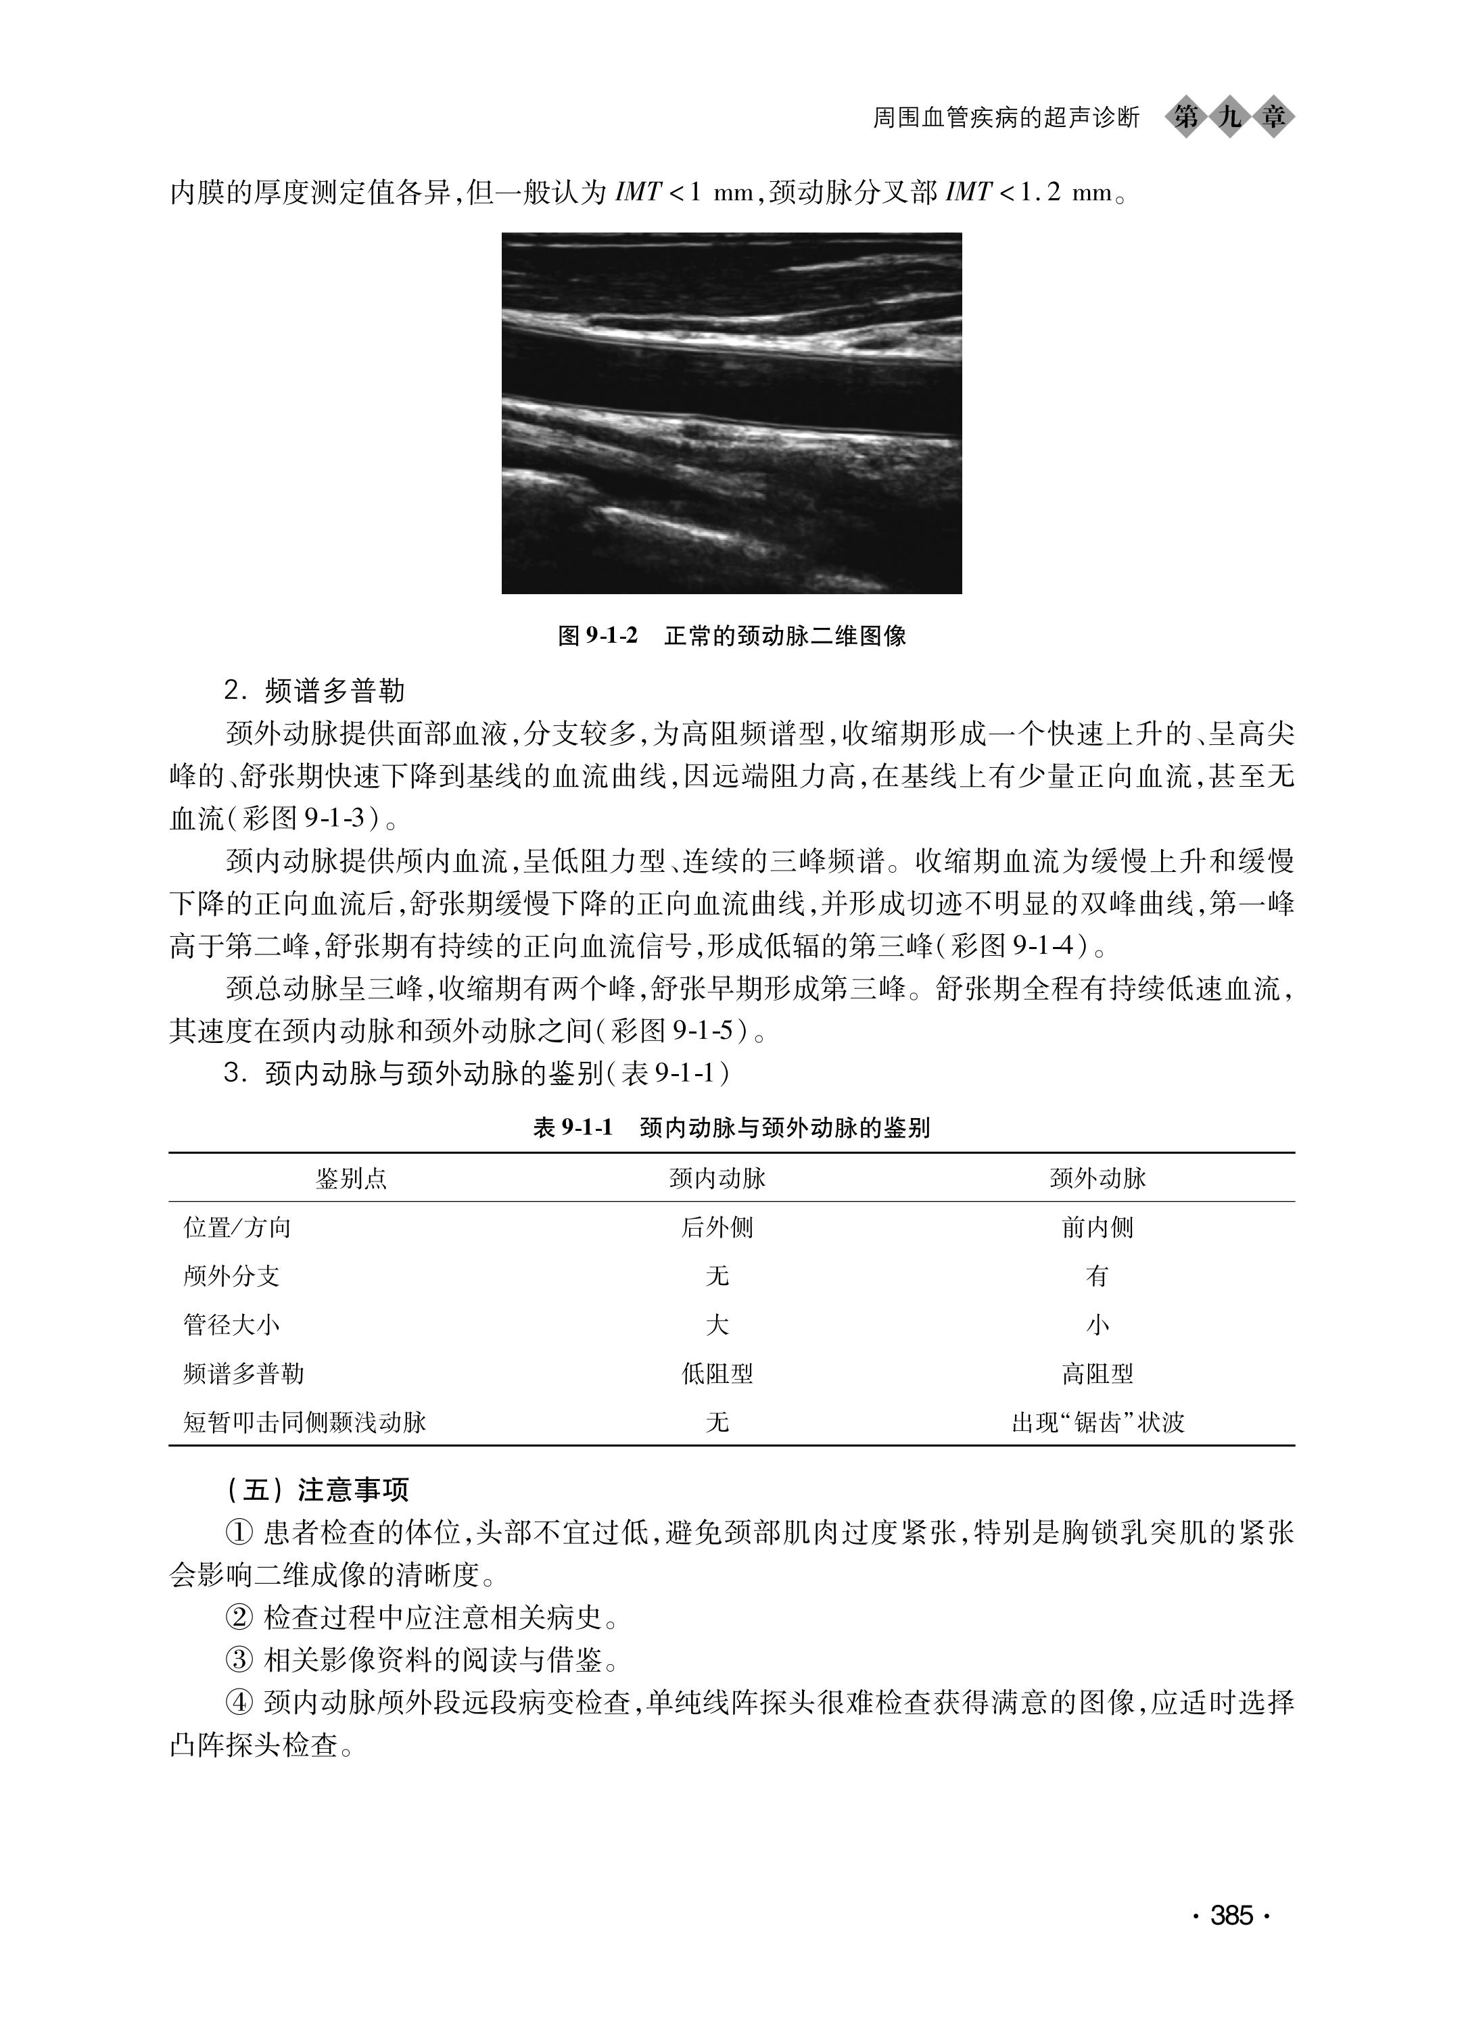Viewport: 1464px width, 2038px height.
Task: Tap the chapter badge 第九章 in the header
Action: [x=1229, y=117]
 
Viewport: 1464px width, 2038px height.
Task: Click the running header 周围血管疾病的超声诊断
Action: [x=1006, y=118]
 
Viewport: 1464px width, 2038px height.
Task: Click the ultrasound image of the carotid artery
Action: [x=732, y=414]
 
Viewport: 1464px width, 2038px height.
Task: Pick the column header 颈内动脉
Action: [x=717, y=1179]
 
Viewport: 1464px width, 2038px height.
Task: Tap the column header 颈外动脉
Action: [x=1097, y=1179]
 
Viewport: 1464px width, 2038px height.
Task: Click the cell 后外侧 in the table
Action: [x=717, y=1228]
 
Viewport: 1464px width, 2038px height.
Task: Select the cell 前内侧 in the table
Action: [x=1097, y=1228]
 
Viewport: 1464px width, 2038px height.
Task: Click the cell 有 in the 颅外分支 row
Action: [x=1097, y=1276]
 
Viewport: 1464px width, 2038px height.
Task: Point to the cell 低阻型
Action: [x=717, y=1373]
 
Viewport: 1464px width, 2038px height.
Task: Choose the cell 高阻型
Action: [x=1097, y=1373]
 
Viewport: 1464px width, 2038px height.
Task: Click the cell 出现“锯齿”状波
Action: [x=1097, y=1422]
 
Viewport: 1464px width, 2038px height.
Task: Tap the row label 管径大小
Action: [x=232, y=1324]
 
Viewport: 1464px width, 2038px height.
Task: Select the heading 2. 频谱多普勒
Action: [x=314, y=690]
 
